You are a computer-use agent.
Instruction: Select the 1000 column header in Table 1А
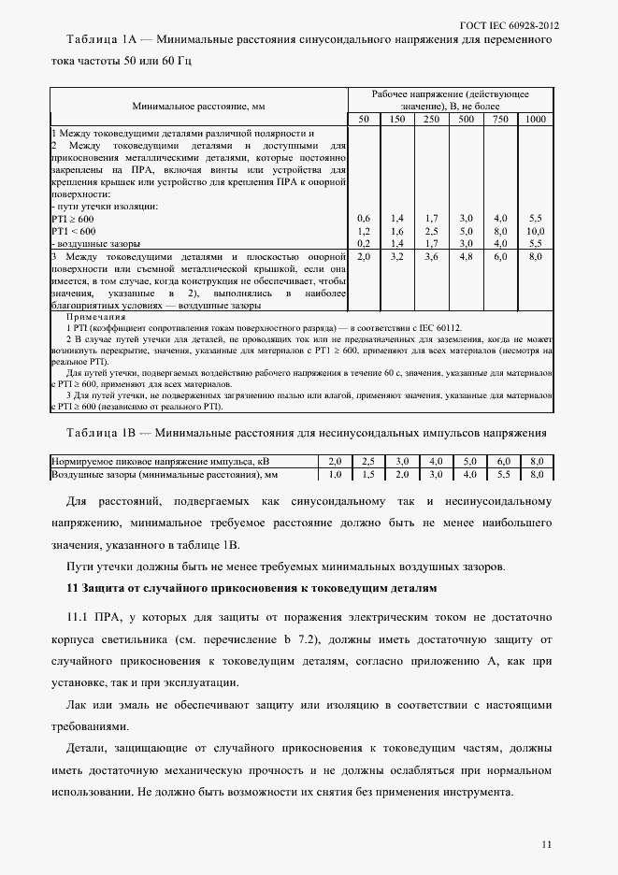(536, 120)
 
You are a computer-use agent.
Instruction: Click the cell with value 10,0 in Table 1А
(536, 230)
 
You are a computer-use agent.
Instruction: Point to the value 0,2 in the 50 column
(364, 242)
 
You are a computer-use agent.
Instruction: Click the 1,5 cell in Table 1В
(368, 474)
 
